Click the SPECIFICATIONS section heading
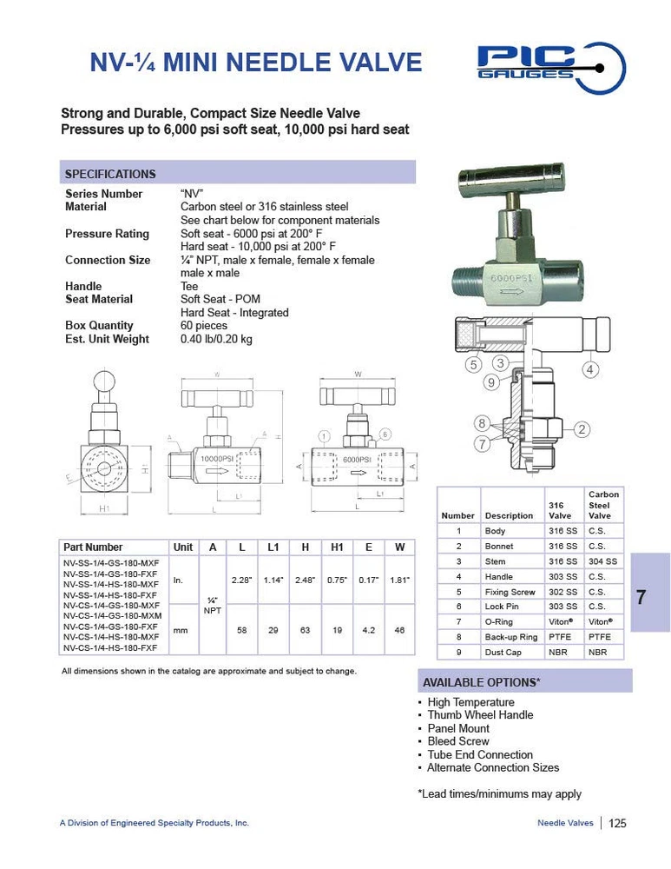(x=110, y=174)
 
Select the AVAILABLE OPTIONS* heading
(x=480, y=681)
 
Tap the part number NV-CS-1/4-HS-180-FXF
(x=110, y=648)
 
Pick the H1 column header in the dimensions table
(x=337, y=547)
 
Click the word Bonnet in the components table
(x=499, y=547)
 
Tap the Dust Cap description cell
(x=503, y=652)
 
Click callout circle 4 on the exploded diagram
(x=589, y=368)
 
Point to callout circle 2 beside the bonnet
(x=582, y=428)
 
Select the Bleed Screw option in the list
(x=457, y=741)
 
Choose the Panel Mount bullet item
(x=457, y=728)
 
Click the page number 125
(x=617, y=823)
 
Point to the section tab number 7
(x=641, y=597)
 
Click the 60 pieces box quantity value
(x=204, y=326)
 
